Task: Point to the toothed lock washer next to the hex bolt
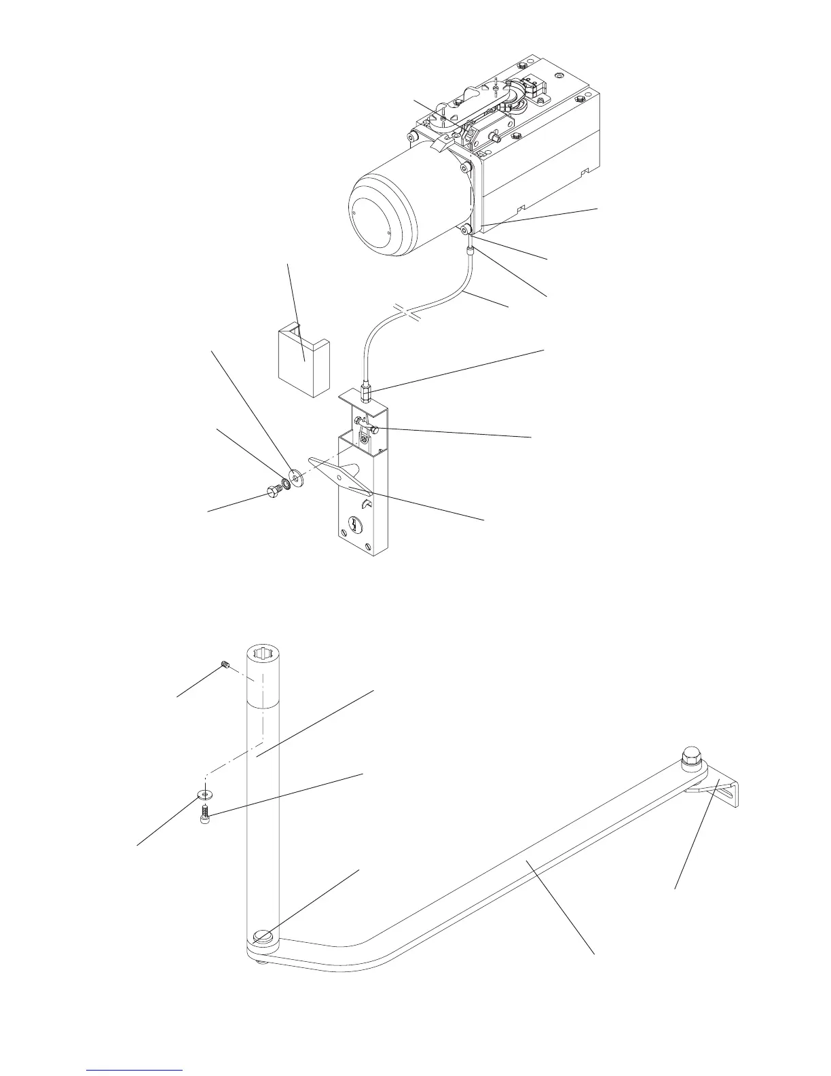pos(286,484)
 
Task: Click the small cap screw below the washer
pos(205,814)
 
